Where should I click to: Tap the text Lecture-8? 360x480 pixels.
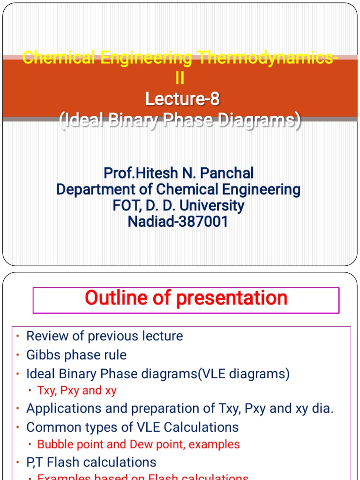182,99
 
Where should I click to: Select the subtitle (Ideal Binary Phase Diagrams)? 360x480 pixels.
180,120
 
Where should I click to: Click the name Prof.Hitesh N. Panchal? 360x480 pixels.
179,173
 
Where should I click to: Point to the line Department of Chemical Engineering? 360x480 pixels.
178,189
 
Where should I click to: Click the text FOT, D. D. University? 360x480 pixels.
178,205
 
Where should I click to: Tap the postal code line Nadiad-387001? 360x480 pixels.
178,221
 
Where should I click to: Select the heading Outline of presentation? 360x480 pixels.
186,298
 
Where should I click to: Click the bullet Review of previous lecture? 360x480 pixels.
105,336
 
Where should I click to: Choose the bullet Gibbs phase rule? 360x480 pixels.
76,355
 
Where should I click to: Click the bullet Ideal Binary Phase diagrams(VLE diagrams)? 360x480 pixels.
158,374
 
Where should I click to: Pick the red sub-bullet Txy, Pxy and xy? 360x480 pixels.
77,390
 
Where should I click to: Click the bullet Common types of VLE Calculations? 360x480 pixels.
132,427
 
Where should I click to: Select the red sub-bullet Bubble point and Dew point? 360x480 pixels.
138,444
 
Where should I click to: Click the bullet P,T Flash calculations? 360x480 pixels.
91,462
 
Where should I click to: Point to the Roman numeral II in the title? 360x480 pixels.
180,78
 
